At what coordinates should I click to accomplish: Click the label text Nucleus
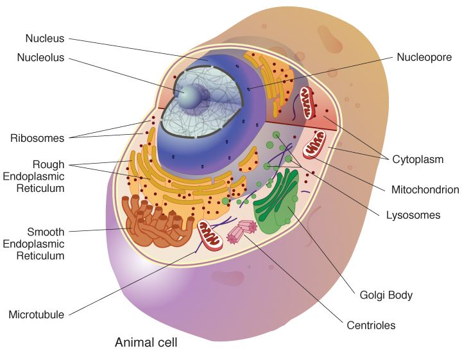point(44,38)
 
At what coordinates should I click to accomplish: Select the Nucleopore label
point(424,57)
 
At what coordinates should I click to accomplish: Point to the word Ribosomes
point(37,138)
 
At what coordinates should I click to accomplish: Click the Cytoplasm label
point(418,159)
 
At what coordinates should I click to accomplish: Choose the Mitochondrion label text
point(425,189)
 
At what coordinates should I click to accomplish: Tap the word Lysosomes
point(413,215)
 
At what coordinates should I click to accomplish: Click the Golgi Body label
point(386,295)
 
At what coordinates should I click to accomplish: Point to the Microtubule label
point(36,315)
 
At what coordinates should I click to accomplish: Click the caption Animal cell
point(146,342)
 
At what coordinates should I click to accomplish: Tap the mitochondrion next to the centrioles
point(210,235)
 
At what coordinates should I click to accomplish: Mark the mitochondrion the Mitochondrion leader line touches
point(315,145)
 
